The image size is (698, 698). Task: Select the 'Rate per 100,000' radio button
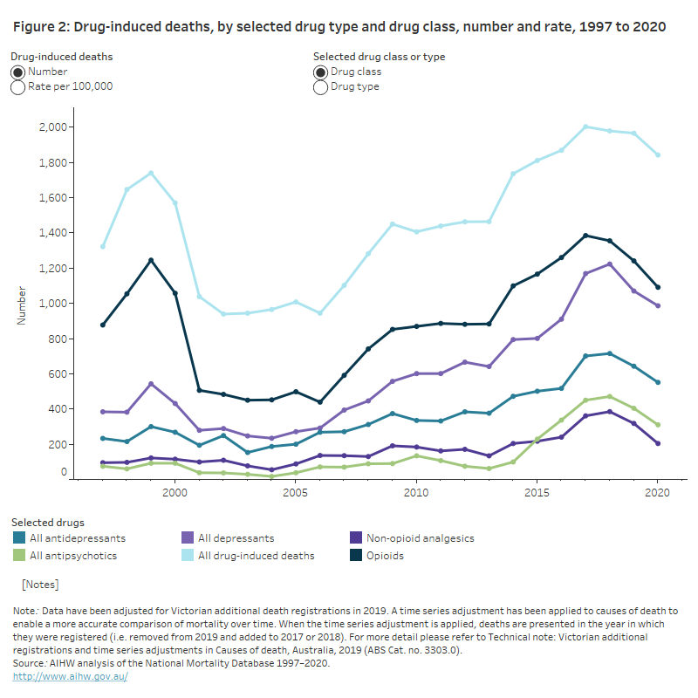pyautogui.click(x=18, y=87)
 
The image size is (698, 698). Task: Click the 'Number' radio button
pyautogui.click(x=18, y=72)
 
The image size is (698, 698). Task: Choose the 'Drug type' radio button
pyautogui.click(x=321, y=87)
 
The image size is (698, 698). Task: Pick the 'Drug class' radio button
pyautogui.click(x=321, y=72)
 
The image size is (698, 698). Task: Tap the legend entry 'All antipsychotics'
pyautogui.click(x=72, y=555)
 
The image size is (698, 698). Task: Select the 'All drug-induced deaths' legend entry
pyautogui.click(x=256, y=555)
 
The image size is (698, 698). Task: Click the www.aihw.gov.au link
pyautogui.click(x=70, y=676)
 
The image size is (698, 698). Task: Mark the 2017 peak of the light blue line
pyautogui.click(x=585, y=127)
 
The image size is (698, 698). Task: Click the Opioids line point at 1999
pyautogui.click(x=151, y=260)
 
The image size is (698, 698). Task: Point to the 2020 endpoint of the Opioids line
pyautogui.click(x=658, y=287)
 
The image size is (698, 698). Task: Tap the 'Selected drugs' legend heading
pyautogui.click(x=48, y=522)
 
